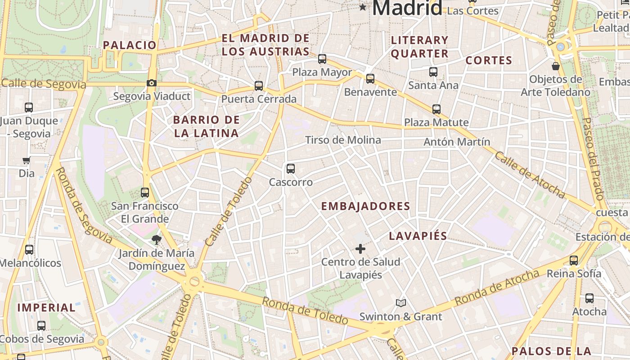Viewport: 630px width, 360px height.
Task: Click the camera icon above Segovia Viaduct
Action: tap(152, 83)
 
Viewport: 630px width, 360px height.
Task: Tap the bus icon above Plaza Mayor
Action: tap(322, 58)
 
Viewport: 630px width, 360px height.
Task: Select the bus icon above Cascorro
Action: tap(291, 169)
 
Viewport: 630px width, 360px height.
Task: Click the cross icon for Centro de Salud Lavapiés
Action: tap(360, 248)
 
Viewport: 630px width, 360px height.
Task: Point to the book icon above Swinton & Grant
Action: tap(401, 303)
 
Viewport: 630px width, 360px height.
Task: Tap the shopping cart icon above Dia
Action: tap(27, 160)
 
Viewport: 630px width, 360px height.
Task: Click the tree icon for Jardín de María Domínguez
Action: tap(157, 239)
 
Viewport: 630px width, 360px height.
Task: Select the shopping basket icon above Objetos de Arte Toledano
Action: tap(556, 66)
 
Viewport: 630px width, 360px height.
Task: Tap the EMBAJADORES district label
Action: tap(365, 207)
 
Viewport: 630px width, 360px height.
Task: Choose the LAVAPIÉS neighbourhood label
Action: tap(418, 236)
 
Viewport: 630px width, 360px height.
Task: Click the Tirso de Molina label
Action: tap(343, 140)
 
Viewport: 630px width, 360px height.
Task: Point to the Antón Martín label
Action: tap(457, 142)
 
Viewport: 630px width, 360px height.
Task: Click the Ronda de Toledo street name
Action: tap(305, 310)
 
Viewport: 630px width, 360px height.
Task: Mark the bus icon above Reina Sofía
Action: tap(574, 260)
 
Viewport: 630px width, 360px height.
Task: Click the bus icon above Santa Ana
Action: tap(433, 72)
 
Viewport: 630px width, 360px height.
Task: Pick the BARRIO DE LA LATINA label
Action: tap(206, 126)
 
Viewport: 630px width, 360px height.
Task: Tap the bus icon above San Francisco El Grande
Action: tap(145, 193)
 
